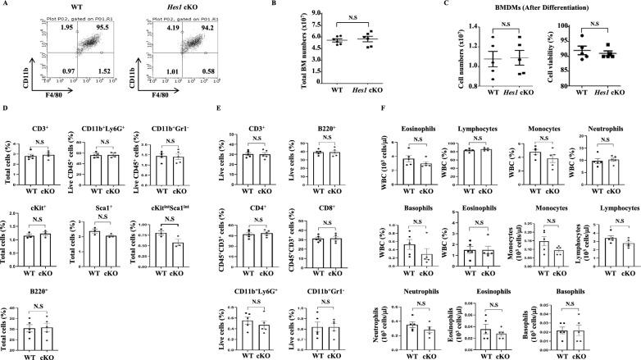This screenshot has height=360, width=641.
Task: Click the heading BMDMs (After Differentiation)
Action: coord(531,7)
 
